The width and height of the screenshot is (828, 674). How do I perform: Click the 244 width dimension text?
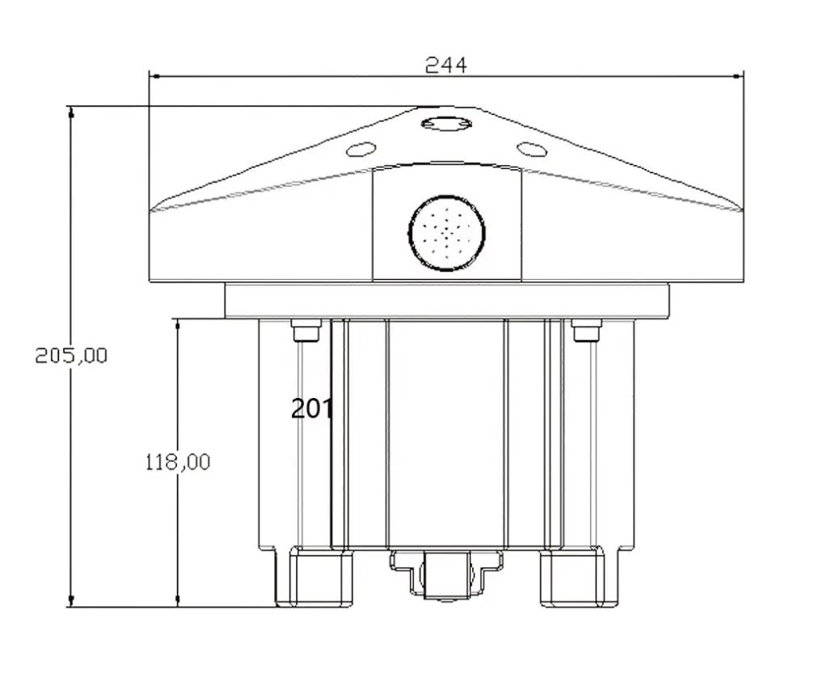446,66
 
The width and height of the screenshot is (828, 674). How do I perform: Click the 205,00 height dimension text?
71,355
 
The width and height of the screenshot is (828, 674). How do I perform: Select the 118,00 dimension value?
177,462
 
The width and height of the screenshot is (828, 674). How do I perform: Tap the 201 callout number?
312,409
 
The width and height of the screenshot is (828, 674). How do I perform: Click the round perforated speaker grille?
447,231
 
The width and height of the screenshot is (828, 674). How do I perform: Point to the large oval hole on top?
446,124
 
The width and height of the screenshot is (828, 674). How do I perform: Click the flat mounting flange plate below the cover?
447,300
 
